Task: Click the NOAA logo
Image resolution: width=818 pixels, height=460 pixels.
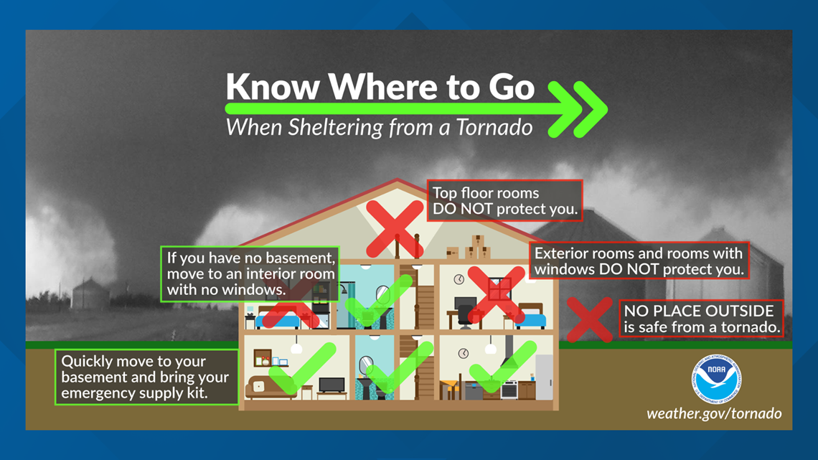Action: coord(716,379)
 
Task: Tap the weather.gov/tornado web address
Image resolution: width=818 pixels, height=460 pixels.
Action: coord(714,413)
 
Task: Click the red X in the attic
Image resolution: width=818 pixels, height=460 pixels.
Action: coord(395,228)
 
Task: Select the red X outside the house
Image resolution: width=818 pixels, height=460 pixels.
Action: coord(590,319)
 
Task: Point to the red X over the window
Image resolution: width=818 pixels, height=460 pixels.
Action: coord(496,294)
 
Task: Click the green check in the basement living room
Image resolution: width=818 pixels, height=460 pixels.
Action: coord(302,368)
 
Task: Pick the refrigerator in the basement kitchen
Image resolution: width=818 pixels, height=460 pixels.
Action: coord(544,377)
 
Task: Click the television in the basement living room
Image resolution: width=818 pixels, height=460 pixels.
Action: coord(332,385)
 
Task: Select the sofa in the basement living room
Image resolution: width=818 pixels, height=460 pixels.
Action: coord(267,388)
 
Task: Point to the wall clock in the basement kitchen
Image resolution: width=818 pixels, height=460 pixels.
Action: coord(464,354)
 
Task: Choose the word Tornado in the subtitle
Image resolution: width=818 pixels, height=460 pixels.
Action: coord(494,127)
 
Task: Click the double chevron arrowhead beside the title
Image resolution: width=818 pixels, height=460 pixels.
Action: coord(578,110)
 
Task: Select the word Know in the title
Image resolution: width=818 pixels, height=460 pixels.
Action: coord(273,87)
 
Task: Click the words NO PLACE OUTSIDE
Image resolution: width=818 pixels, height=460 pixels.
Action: coord(699,311)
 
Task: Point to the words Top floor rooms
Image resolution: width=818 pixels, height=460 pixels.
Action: coord(486,193)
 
